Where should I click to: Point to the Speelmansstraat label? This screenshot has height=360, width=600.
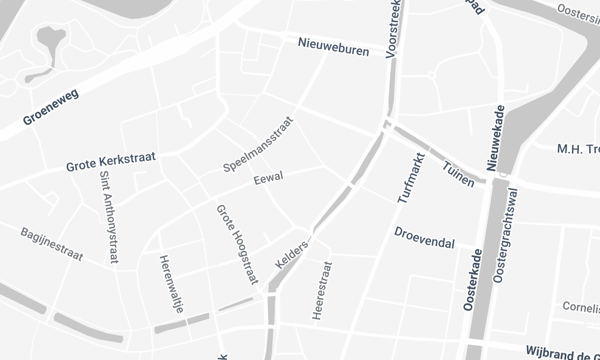pos(260,147)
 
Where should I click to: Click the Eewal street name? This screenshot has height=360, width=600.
pos(269,177)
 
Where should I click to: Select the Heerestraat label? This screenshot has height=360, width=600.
pos(321,290)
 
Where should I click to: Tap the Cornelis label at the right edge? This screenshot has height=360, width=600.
pos(580,307)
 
